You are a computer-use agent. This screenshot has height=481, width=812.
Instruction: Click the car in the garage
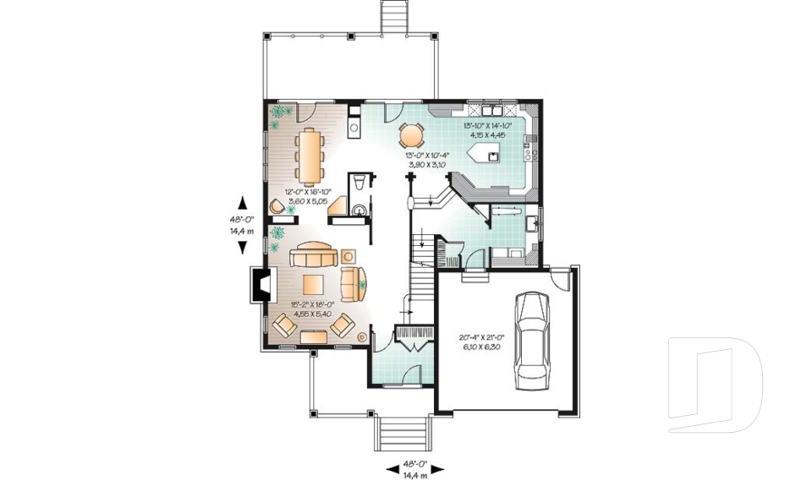(531, 338)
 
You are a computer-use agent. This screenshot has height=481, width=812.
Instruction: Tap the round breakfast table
(410, 134)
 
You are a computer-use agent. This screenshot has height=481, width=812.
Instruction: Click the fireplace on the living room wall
(257, 286)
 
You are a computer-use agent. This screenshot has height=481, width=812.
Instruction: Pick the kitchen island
(490, 153)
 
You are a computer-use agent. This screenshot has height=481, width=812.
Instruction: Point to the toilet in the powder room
(359, 182)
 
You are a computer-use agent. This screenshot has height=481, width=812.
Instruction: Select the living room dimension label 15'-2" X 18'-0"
(310, 309)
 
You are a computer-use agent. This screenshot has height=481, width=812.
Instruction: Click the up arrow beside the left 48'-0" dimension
(243, 201)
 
